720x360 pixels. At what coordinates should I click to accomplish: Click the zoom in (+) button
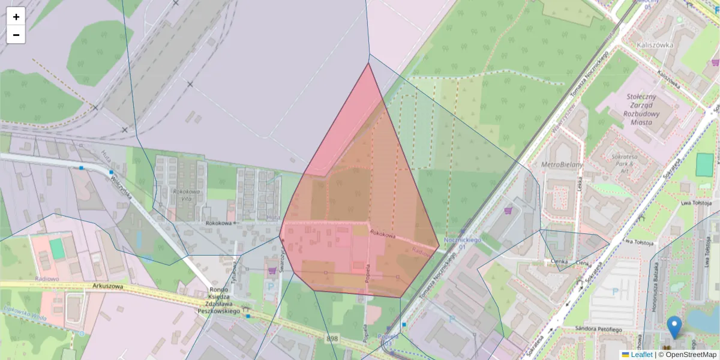coord(16,17)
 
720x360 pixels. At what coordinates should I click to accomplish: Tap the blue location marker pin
coord(674,326)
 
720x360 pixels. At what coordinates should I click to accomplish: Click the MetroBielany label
coord(562,164)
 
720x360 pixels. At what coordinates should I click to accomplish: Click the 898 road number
coord(332,339)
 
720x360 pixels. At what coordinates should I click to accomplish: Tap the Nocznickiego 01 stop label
coord(463,243)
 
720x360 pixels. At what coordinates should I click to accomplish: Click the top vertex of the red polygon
coord(368,63)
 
